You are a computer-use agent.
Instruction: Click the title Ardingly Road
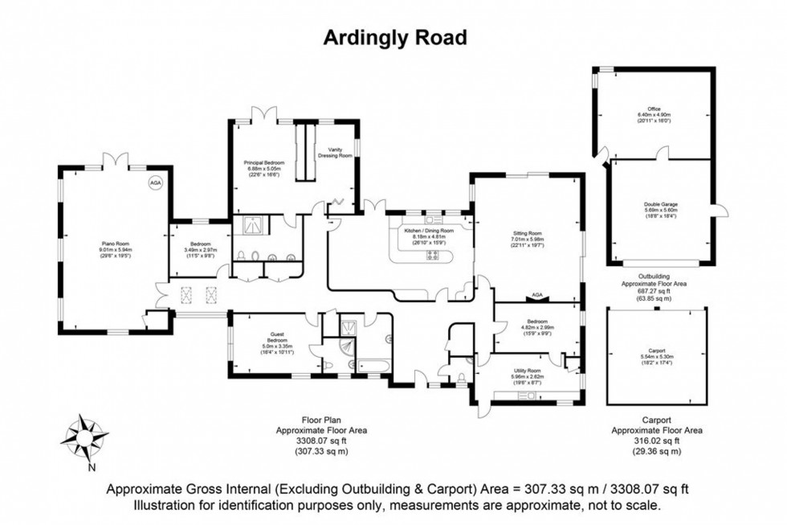click(393, 37)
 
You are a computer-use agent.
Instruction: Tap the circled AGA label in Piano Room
click(154, 183)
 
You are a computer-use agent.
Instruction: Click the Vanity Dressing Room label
click(335, 151)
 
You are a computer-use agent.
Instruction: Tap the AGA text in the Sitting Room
click(537, 295)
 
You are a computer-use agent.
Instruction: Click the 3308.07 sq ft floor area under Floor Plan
click(323, 441)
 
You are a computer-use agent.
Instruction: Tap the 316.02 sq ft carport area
click(657, 441)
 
